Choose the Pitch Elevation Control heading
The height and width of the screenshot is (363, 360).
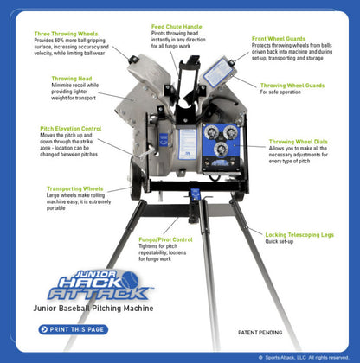(70, 128)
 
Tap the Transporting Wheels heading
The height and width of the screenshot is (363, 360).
(74, 188)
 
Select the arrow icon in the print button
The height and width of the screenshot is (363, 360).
(44, 329)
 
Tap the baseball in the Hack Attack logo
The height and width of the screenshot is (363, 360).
(129, 279)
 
